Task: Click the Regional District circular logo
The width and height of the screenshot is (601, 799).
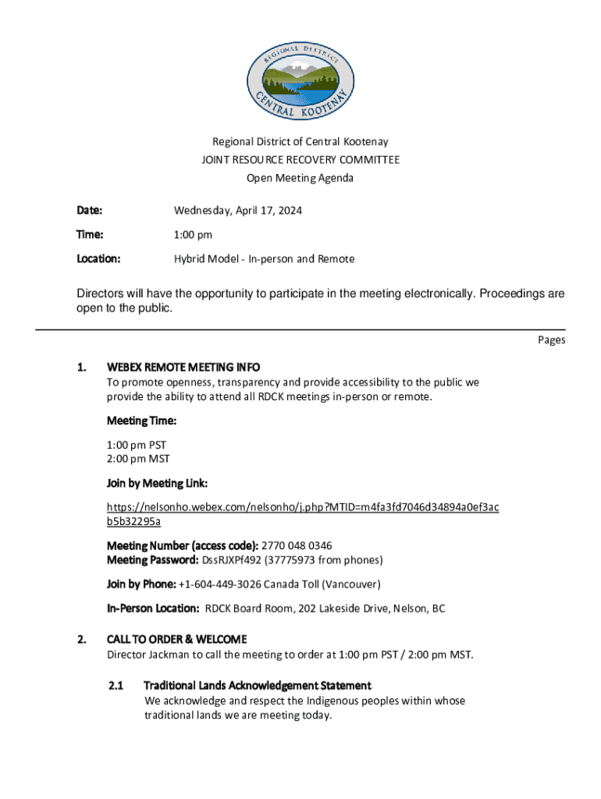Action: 300,75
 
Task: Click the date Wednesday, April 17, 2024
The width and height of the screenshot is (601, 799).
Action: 238,211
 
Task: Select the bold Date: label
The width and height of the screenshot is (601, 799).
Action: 90,211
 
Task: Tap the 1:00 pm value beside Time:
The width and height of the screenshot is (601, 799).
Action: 193,235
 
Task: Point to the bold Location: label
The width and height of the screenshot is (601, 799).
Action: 98,259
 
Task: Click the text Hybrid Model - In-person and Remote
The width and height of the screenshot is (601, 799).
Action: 264,259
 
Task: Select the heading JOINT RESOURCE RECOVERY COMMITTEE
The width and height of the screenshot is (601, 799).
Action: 300,160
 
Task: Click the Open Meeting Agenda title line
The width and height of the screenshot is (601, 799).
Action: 300,178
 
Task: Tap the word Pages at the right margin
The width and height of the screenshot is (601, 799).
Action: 551,340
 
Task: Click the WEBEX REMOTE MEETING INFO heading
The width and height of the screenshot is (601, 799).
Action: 183,367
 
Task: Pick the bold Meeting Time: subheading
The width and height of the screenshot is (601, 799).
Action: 141,421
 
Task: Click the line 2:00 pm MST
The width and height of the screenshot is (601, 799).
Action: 138,459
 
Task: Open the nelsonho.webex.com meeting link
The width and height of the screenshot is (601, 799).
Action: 303,507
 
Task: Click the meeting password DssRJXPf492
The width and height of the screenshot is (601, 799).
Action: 233,560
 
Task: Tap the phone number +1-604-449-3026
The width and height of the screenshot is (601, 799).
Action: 219,584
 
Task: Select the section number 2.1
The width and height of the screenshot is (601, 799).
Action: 116,686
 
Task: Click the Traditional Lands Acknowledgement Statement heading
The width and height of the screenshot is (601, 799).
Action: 258,686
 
